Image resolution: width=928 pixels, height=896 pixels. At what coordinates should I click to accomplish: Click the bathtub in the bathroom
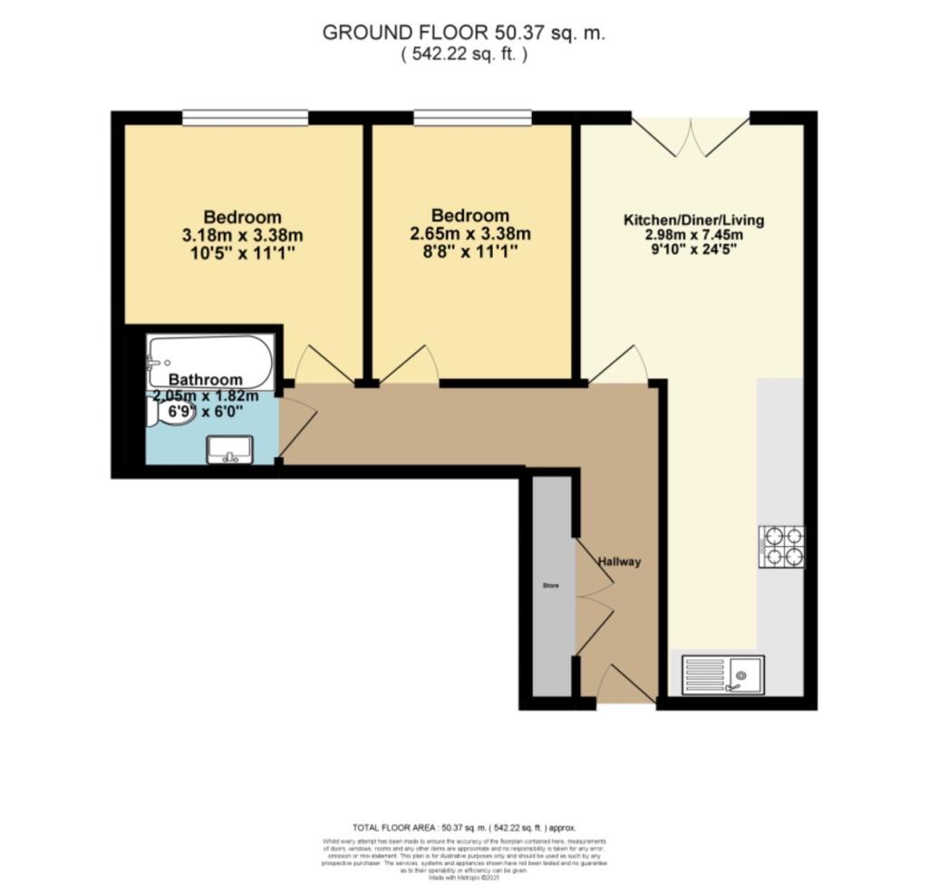[x=210, y=362]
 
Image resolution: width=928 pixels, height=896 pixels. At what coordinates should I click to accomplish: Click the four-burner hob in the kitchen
[x=781, y=546]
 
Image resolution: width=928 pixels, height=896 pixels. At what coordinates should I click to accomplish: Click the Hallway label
[x=619, y=561]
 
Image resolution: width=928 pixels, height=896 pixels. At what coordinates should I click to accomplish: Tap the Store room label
[x=551, y=586]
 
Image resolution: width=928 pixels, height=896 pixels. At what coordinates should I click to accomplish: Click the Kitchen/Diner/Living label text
[x=693, y=219]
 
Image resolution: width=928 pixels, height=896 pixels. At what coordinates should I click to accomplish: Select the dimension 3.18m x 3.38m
[x=242, y=234]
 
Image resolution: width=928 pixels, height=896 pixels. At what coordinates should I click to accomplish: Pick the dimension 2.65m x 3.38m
[x=469, y=233]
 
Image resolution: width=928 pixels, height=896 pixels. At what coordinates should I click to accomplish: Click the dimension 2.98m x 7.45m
[x=693, y=234]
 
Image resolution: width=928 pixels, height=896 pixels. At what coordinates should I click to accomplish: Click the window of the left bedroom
[x=245, y=117]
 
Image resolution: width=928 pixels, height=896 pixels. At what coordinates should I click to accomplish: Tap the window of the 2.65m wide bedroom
[x=472, y=117]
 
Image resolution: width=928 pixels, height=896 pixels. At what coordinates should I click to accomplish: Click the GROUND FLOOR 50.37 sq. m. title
[x=463, y=33]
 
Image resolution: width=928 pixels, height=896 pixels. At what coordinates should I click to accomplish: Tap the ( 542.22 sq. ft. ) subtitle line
[x=463, y=54]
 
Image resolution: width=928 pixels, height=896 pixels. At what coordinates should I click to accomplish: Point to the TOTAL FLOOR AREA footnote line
[x=463, y=828]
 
